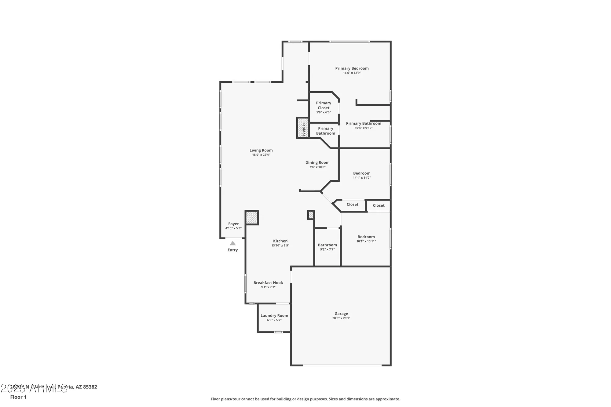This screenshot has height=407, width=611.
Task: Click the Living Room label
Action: coord(261,150)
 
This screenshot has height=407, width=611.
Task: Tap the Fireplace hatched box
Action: coord(302,128)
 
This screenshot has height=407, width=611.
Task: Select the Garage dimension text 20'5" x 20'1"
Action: coord(341,318)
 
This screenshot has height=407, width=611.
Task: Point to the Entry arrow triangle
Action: coord(233,243)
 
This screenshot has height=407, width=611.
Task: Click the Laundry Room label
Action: coord(274,316)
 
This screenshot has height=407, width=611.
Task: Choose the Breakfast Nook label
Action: coord(268,283)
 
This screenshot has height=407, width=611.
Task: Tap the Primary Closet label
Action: coord(324,105)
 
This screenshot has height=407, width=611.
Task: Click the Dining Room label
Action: coord(317,163)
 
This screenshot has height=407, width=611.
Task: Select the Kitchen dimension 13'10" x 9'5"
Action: coord(280,245)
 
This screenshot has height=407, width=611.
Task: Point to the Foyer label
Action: coord(233,224)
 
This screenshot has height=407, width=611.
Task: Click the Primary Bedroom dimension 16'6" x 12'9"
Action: coord(352,73)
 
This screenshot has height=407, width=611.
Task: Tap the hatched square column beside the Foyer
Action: coord(252,218)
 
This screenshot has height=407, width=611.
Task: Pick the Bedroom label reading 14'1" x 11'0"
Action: coord(362,173)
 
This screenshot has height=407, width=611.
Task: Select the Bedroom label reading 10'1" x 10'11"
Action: coord(366,237)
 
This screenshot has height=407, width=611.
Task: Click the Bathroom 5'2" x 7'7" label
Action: coord(327,245)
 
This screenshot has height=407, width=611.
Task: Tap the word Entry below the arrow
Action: coord(232,250)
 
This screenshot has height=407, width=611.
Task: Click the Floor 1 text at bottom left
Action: coord(18,397)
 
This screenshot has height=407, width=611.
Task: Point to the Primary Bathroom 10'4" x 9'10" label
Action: coord(364,124)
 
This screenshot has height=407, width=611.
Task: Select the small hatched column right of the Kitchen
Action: coord(311,215)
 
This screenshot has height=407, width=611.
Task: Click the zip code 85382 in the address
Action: coord(90,387)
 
